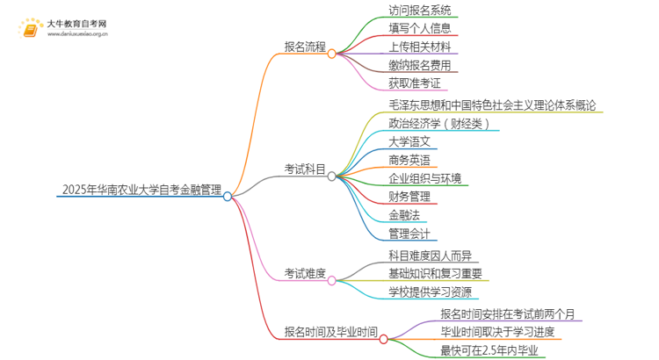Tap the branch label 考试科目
pos(304,168)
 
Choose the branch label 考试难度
pos(304,273)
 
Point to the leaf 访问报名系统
pos(420,11)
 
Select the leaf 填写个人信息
pos(420,29)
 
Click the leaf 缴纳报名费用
pos(420,65)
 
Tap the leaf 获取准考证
pos(414,83)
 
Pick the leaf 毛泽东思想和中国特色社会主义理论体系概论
pos(495,104)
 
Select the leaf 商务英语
pos(409,159)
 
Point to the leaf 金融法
pos(402,214)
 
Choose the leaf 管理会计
pos(409,233)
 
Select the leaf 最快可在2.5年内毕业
pos(491,350)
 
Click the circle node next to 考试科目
pos(331,176)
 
